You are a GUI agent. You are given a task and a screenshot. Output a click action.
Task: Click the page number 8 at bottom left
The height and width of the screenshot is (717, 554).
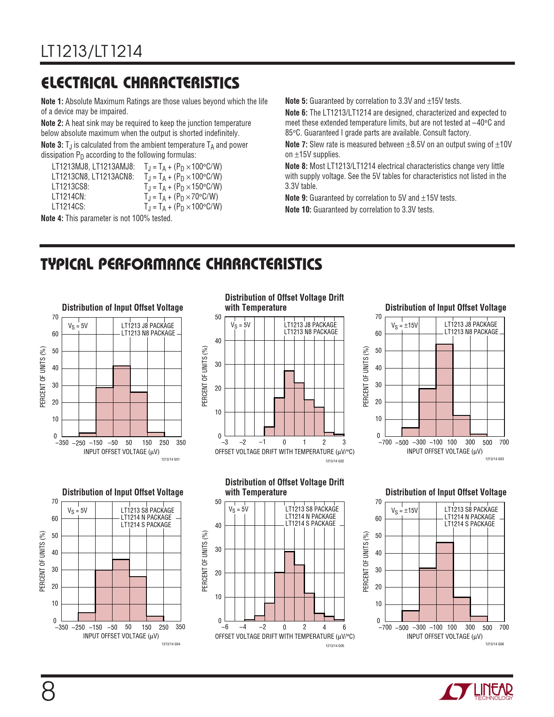point(48,692)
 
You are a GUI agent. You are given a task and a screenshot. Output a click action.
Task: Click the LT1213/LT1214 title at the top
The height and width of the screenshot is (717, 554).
point(92,52)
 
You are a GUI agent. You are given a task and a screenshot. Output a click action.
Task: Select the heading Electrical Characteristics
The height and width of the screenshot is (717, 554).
point(140,83)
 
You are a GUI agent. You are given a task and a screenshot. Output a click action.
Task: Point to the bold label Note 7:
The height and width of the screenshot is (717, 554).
point(296,144)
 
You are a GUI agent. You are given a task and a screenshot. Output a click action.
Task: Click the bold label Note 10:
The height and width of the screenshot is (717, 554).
point(298,209)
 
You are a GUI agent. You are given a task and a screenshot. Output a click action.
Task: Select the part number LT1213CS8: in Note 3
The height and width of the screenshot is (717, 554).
point(70,186)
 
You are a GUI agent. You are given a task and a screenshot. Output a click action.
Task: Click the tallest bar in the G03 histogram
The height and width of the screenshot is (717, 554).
point(444,390)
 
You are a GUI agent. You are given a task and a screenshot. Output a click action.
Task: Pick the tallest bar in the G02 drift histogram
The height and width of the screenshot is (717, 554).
point(289,403)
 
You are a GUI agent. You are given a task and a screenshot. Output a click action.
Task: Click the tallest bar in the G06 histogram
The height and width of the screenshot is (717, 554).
point(445,581)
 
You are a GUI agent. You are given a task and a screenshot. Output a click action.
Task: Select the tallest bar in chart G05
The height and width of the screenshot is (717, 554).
point(289,586)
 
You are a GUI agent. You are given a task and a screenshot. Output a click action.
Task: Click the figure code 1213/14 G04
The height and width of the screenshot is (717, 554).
point(171,644)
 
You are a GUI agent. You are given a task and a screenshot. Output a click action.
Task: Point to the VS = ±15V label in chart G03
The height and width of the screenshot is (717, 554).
point(405,325)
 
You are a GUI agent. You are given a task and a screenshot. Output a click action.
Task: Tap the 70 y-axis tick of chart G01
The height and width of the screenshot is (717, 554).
point(55,317)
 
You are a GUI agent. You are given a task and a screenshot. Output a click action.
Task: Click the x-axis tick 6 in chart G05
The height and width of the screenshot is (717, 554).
point(344,627)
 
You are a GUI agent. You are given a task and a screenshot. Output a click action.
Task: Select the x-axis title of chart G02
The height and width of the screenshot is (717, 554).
point(285,452)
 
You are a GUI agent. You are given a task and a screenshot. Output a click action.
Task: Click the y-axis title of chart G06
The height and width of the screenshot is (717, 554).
point(366,561)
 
